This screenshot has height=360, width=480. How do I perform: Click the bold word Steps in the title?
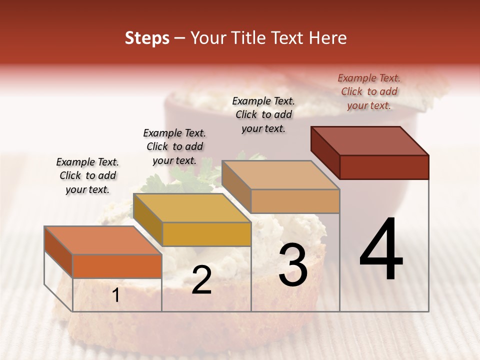(147, 38)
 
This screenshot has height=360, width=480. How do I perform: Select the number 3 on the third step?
(292, 265)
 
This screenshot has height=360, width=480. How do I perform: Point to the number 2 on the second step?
(201, 280)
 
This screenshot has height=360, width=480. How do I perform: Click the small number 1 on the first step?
(115, 295)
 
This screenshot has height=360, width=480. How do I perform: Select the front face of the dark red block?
(384, 167)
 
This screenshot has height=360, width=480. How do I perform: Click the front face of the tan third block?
(295, 201)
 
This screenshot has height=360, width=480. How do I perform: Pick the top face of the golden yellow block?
(192, 208)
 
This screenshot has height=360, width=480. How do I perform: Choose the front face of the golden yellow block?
(206, 234)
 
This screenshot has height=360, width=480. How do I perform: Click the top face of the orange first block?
(103, 240)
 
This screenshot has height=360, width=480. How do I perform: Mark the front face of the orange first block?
(117, 266)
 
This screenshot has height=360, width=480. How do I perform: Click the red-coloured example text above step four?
(369, 91)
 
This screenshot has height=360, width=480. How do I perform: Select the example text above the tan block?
(263, 114)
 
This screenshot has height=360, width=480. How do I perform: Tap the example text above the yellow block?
(174, 146)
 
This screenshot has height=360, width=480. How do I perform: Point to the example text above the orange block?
(87, 175)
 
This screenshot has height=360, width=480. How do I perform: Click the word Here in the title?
(328, 38)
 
